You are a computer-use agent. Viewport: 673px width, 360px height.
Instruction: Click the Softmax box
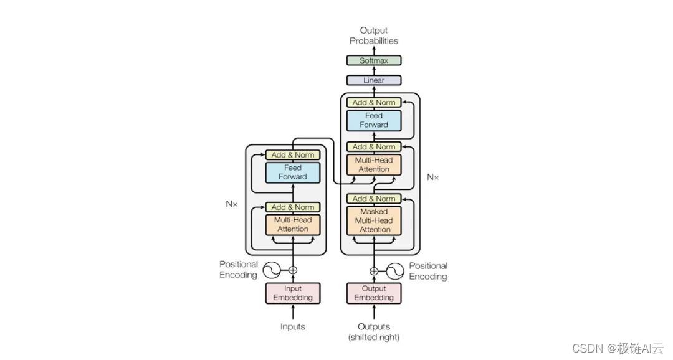pyautogui.click(x=374, y=60)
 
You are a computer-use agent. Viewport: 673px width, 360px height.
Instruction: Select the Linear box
pyautogui.click(x=374, y=80)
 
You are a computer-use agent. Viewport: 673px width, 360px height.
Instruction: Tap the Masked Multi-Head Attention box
pyautogui.click(x=374, y=220)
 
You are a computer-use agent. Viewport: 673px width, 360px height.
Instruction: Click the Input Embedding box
pyautogui.click(x=293, y=293)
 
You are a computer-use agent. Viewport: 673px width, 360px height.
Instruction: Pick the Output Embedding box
pyautogui.click(x=374, y=293)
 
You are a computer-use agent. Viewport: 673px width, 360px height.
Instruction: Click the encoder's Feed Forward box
pyautogui.click(x=293, y=173)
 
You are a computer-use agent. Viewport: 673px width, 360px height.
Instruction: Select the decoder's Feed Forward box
pyautogui.click(x=374, y=121)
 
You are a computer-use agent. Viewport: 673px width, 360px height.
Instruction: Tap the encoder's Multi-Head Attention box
pyautogui.click(x=293, y=224)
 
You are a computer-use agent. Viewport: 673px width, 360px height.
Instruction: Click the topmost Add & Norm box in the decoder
pyautogui.click(x=374, y=103)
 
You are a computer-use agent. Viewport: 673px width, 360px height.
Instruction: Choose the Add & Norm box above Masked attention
pyautogui.click(x=374, y=199)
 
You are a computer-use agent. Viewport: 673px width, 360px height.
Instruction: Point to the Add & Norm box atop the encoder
pyautogui.click(x=293, y=155)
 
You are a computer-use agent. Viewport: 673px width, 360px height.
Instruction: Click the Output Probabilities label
pyautogui.click(x=374, y=36)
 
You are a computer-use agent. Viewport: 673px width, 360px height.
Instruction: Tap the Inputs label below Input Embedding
pyautogui.click(x=293, y=327)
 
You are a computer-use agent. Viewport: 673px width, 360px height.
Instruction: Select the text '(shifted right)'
pyautogui.click(x=374, y=337)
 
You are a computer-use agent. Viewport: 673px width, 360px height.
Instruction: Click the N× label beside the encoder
pyautogui.click(x=232, y=204)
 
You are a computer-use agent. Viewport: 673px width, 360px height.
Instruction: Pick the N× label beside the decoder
pyautogui.click(x=433, y=178)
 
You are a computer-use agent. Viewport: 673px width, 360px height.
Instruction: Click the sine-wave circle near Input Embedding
pyautogui.click(x=272, y=270)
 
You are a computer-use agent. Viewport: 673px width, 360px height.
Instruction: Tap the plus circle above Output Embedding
pyautogui.click(x=374, y=271)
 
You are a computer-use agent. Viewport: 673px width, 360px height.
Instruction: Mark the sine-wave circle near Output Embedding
pyautogui.click(x=395, y=271)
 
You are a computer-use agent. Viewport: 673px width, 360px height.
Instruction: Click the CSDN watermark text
pyautogui.click(x=618, y=348)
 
